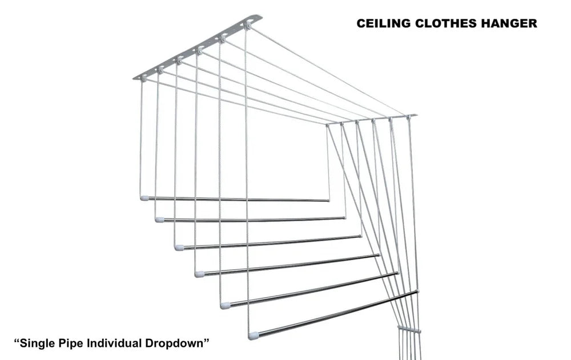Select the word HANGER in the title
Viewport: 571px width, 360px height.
pyautogui.click(x=510, y=23)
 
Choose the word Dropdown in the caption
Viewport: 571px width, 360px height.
pyautogui.click(x=178, y=343)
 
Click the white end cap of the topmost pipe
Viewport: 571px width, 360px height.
pyautogui.click(x=144, y=198)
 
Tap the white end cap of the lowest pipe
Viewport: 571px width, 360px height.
pyautogui.click(x=254, y=336)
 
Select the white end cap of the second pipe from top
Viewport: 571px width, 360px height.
pyautogui.click(x=159, y=219)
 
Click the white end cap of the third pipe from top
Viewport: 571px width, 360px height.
pyautogui.click(x=179, y=248)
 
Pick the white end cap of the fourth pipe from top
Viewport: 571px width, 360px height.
pyautogui.click(x=199, y=274)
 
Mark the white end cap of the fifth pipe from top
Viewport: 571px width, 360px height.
pyautogui.click(x=226, y=305)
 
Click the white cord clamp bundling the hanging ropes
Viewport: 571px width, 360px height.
pyautogui.click(x=409, y=330)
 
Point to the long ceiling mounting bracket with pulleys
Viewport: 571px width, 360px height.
pyautogui.click(x=197, y=48)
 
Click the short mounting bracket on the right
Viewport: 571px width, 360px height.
pyautogui.click(x=371, y=119)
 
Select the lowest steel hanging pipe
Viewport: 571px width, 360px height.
pyautogui.click(x=337, y=314)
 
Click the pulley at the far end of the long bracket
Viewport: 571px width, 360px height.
pyautogui.click(x=248, y=26)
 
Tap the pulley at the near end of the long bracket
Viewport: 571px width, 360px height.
pyautogui.click(x=143, y=76)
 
